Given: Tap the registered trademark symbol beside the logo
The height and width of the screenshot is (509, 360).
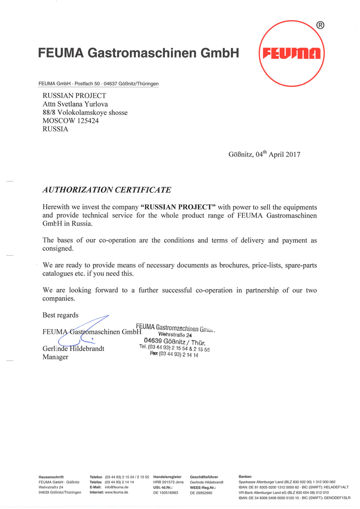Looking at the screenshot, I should pos(321,25).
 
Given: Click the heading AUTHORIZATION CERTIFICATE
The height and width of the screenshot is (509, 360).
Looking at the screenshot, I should pos(107,190).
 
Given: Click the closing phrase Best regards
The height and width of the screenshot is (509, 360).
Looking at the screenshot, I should pos(60,315).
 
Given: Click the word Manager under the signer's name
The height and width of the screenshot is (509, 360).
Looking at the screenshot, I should pos(56,357).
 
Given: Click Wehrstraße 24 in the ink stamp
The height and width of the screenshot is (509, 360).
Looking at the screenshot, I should pos(175,334).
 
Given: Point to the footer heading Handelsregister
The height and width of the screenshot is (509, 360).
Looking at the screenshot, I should pos(167,477).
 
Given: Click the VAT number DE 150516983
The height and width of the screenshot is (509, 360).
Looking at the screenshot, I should pos(166,492).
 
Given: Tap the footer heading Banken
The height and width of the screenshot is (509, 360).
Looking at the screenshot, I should pos(245,477).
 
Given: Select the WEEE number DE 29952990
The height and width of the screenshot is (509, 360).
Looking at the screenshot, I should pos(201,492).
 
